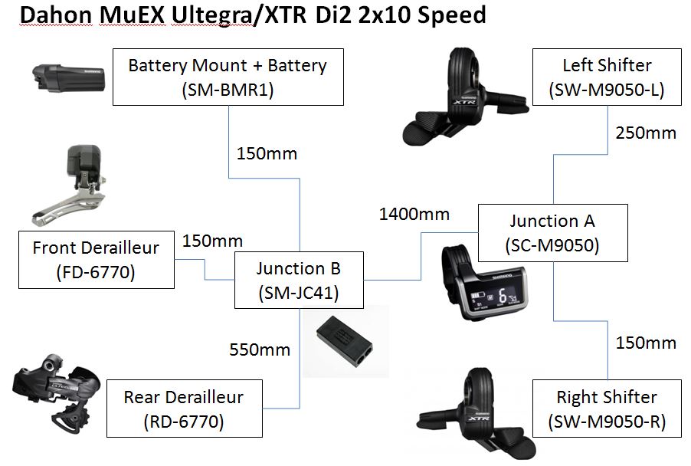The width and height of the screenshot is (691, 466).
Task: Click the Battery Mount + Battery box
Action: coord(228,77)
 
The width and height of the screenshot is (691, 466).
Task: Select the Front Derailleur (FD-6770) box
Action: coord(96,261)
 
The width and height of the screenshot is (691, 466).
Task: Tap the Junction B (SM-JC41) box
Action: coord(298,281)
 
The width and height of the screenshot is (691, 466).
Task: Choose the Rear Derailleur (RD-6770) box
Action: coord(183,409)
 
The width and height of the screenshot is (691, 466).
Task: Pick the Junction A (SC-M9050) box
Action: coord(552,233)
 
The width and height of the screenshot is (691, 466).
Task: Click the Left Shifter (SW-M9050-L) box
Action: coord(606,77)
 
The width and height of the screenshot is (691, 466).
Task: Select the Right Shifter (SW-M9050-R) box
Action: coord(606,409)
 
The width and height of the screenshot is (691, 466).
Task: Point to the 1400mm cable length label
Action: coord(414,214)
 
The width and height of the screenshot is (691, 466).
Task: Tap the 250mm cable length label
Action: coord(646,133)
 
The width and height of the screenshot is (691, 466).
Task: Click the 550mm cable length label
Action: coord(260,349)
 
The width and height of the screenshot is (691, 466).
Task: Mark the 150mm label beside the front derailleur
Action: coord(212,241)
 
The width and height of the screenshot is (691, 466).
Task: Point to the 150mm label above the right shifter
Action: coord(646,342)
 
